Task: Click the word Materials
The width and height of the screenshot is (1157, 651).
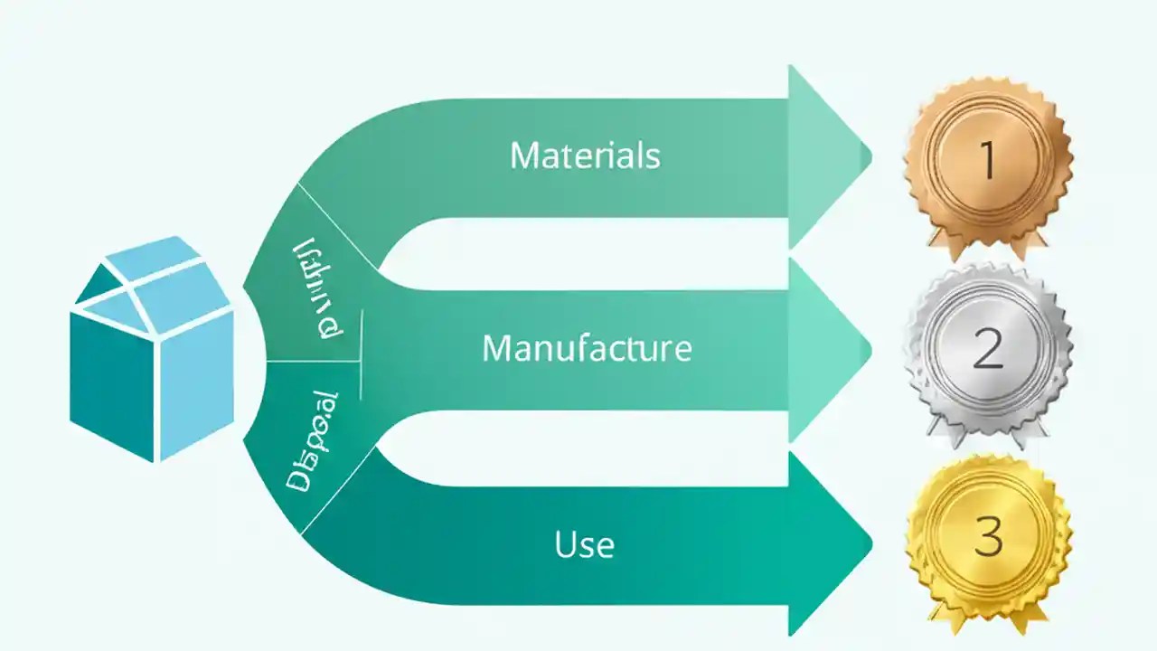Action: tap(585, 156)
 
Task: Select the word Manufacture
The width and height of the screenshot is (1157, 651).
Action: tap(587, 348)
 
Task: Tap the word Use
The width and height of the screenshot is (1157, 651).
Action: tap(584, 544)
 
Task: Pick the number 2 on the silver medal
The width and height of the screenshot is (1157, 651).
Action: tap(987, 348)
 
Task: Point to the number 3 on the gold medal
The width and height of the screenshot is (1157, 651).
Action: tap(987, 539)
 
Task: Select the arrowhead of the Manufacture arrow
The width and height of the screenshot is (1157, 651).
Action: tap(827, 349)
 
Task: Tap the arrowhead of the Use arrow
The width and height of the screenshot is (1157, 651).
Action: tap(827, 543)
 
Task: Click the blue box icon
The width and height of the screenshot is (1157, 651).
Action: tap(152, 348)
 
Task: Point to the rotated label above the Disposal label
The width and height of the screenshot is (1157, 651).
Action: tap(318, 289)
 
